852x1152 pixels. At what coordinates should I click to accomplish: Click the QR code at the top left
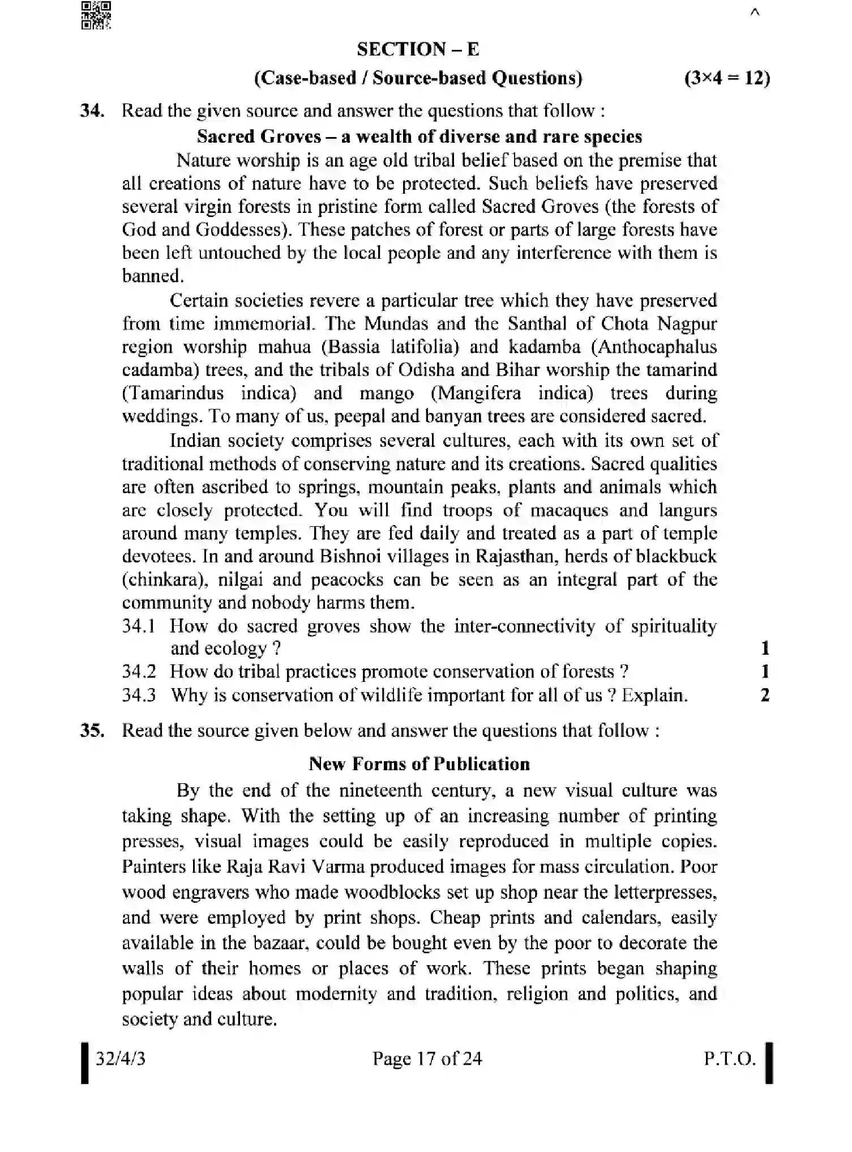96,15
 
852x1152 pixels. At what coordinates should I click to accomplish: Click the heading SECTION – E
418,49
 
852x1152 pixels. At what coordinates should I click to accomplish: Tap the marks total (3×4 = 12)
727,78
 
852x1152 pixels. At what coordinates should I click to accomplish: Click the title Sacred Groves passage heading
419,136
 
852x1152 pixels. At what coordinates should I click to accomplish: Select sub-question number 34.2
139,672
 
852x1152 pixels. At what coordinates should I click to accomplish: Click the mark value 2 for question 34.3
765,695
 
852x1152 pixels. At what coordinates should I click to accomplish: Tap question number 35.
92,730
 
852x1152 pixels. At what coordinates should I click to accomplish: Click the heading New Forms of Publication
419,764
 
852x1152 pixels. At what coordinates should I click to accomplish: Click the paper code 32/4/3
121,1058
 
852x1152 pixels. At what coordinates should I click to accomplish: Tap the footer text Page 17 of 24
427,1058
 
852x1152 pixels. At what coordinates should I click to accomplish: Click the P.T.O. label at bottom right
730,1058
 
